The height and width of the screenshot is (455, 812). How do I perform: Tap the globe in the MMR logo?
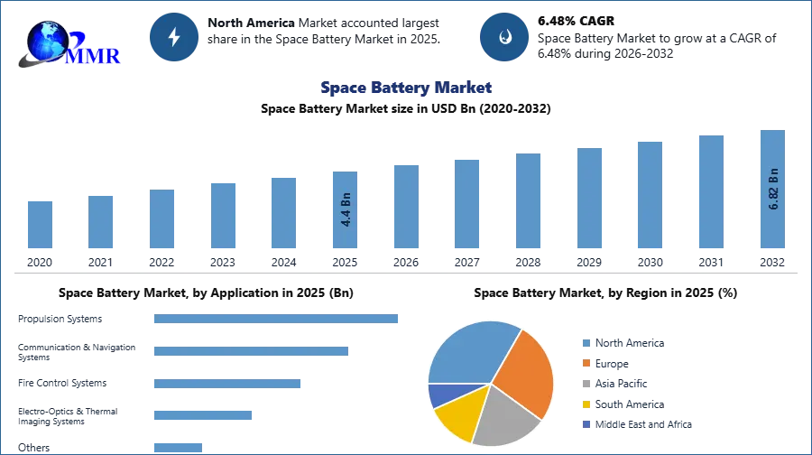[x=47, y=39]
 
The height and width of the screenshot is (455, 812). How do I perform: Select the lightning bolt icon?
[x=174, y=37]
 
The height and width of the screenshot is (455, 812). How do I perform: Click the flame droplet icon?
[x=505, y=37]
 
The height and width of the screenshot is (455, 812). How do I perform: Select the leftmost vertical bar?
[x=39, y=223]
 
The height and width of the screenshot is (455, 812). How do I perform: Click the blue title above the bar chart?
[x=406, y=88]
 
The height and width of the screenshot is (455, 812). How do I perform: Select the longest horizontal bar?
[x=277, y=318]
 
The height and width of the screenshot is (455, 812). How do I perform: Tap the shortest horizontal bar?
[x=177, y=446]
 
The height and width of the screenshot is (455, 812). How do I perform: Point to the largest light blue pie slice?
[x=469, y=352]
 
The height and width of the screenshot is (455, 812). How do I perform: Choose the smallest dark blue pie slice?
[x=442, y=395]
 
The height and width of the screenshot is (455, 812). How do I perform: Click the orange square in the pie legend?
[x=586, y=363]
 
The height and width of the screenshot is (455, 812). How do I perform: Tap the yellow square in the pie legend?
[x=586, y=404]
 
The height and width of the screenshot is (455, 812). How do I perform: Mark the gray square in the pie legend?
[x=586, y=384]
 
